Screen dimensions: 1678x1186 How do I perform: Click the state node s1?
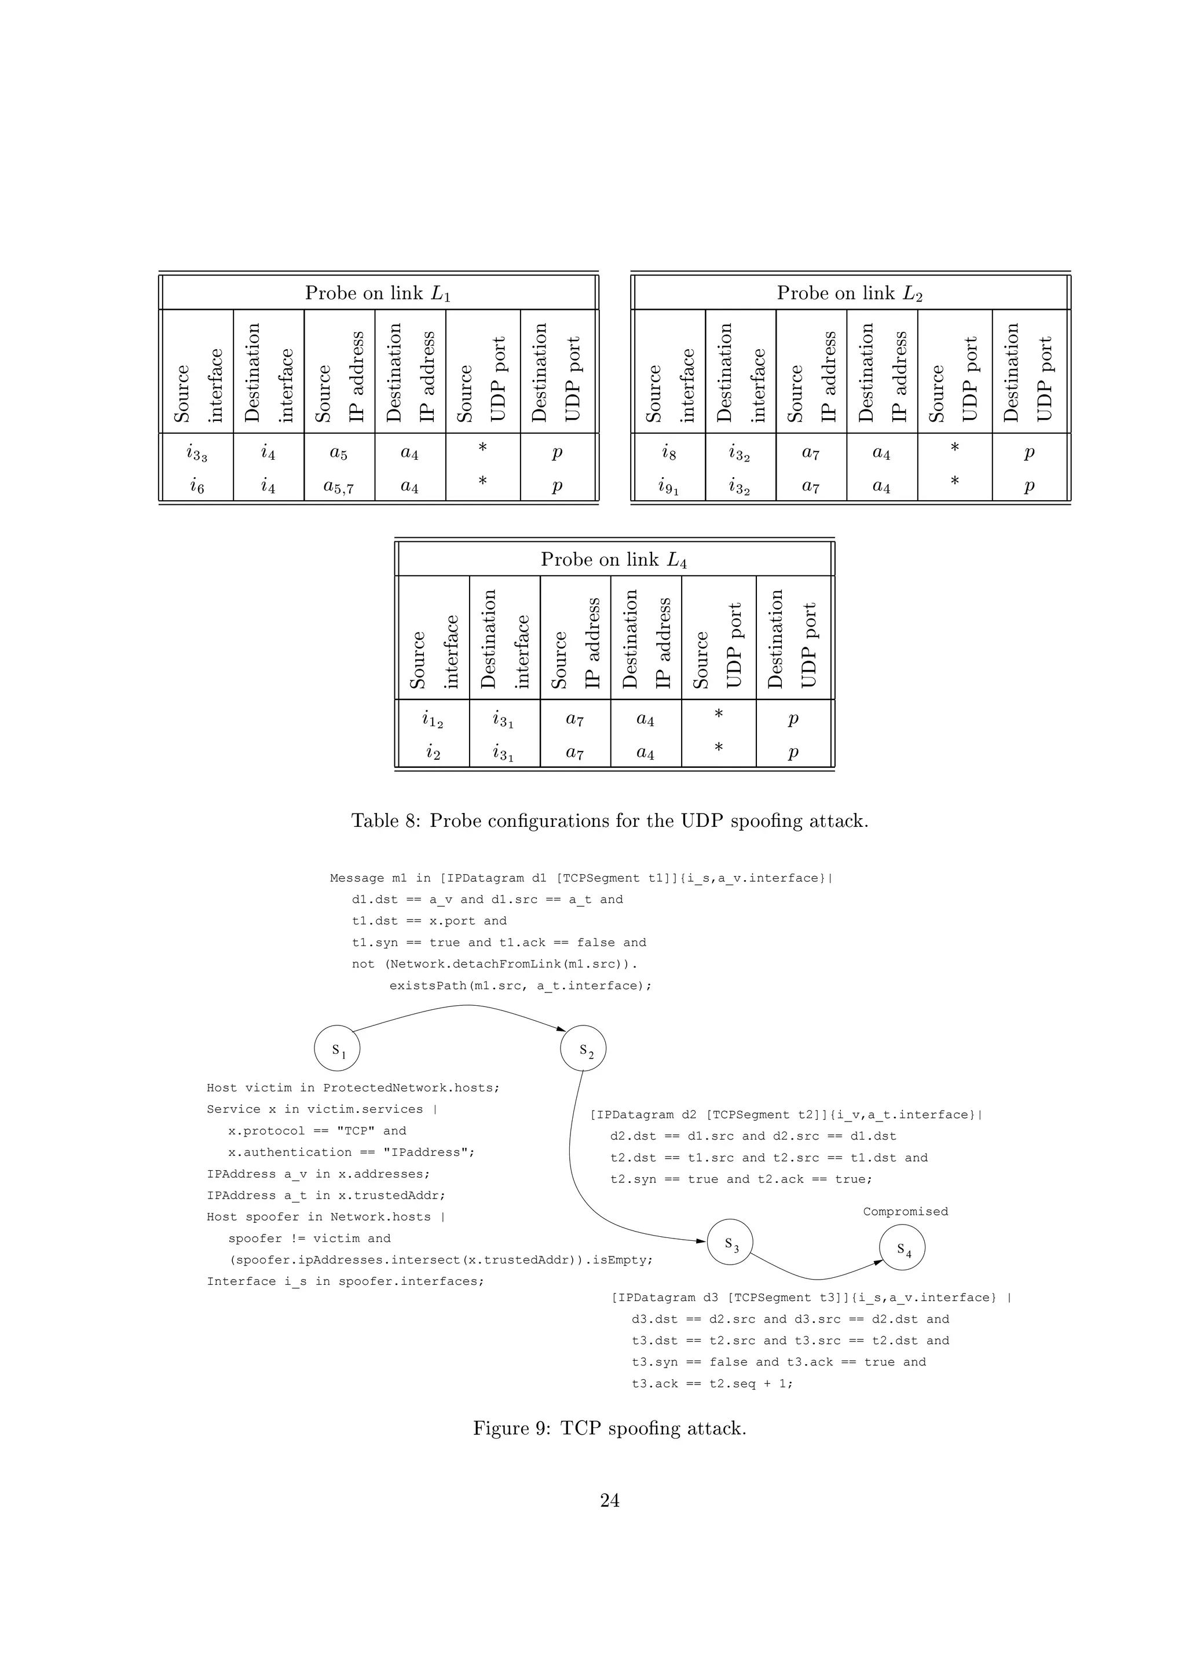point(337,1050)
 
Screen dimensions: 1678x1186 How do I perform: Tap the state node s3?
point(730,1243)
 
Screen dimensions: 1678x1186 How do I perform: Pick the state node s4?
point(902,1248)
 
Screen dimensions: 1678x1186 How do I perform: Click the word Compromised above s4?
point(905,1211)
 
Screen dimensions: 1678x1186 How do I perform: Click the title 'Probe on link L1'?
point(378,293)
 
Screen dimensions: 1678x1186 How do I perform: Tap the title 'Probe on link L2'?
point(850,293)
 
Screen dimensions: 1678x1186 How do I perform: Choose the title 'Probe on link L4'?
point(614,560)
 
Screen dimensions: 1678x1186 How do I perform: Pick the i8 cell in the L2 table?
point(669,453)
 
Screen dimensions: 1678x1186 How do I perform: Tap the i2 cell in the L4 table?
point(433,752)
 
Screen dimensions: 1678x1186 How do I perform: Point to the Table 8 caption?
point(609,820)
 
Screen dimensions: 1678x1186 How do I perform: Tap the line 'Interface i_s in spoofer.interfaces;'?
point(345,1281)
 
